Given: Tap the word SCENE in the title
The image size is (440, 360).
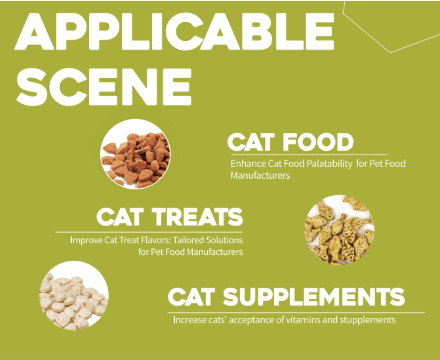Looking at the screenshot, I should tap(104, 87).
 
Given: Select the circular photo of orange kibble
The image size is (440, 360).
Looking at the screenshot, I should tap(135, 154).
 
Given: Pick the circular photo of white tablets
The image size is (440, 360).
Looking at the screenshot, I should tap(74, 296).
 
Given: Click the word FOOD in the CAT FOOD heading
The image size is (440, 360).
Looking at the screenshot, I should tap(318, 142).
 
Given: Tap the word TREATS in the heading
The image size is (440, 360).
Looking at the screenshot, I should tap(198, 217).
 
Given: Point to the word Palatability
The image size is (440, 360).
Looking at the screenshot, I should tap(329, 164).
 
